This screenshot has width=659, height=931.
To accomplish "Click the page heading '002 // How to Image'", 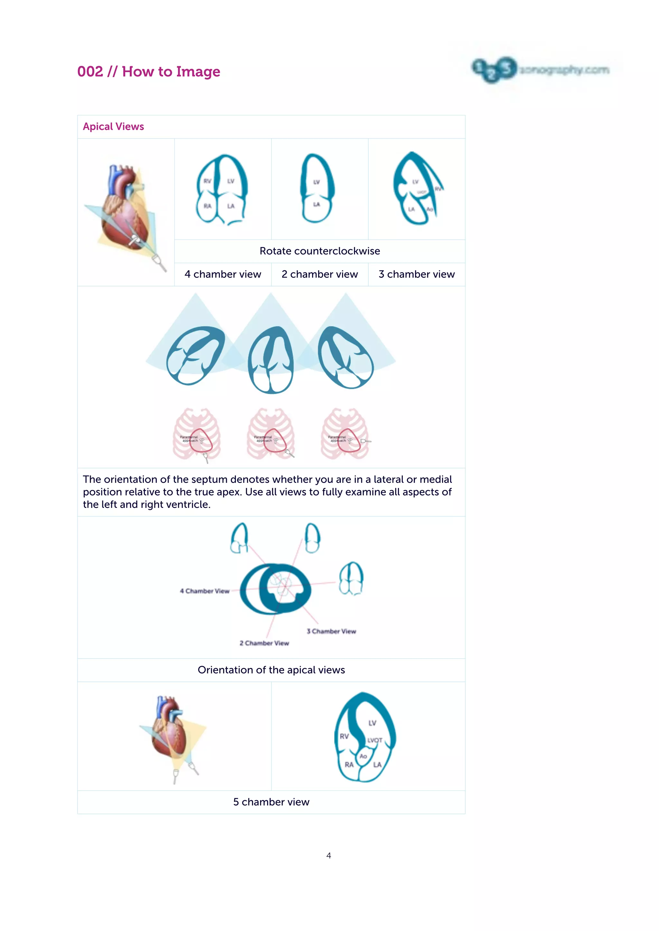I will (149, 72).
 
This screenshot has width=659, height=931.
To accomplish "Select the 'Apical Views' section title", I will (113, 127).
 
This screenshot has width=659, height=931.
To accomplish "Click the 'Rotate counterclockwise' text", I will (320, 251).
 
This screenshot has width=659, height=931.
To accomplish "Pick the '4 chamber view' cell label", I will (223, 275).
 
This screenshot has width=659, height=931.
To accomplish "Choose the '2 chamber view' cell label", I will (320, 275).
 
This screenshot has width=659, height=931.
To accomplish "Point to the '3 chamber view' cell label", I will (417, 275).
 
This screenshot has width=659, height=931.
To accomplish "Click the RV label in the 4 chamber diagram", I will (207, 181).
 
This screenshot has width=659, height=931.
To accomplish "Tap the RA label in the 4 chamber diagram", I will (207, 206).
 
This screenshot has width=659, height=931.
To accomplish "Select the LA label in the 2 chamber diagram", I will (317, 204).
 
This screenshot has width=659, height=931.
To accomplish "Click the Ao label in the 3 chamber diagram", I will (429, 209).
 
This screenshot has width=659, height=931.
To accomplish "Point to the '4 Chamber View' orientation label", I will (205, 591).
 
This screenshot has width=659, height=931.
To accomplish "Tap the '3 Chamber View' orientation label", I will (331, 631).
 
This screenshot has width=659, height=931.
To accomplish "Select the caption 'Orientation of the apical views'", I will (271, 670).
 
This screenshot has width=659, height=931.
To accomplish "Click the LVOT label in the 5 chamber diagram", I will (375, 740).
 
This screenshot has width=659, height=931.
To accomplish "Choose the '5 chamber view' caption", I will (271, 802).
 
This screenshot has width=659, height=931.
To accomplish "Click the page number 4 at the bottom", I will (329, 855).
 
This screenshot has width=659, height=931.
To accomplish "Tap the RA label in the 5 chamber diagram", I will (349, 765).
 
